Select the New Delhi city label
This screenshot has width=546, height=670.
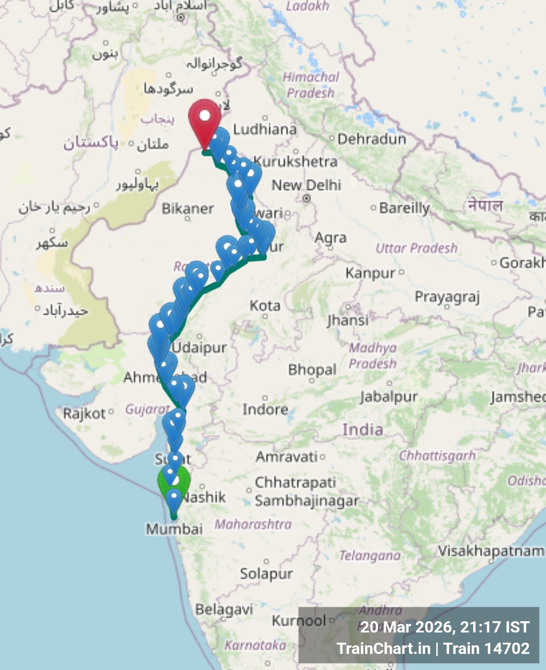point(306,185)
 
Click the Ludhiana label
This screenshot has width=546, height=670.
point(264,129)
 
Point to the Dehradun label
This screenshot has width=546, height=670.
point(371,139)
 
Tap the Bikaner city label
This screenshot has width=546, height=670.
point(188,209)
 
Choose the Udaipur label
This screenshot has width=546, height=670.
point(200,347)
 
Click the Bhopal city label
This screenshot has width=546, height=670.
point(312,370)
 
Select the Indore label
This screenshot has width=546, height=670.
point(265,410)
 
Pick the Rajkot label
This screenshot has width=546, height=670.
point(85,414)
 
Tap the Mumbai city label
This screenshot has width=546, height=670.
point(175,530)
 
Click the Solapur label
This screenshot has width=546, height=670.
point(266,574)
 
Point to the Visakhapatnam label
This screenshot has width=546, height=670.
point(490,551)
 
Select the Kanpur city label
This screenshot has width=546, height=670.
point(370,273)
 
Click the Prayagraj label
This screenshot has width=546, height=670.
point(447,297)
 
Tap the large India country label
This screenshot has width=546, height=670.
point(363,430)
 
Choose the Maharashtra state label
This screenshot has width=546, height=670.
point(253,524)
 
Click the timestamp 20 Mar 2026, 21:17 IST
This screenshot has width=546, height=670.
point(444,627)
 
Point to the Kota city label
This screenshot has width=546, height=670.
point(265,306)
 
